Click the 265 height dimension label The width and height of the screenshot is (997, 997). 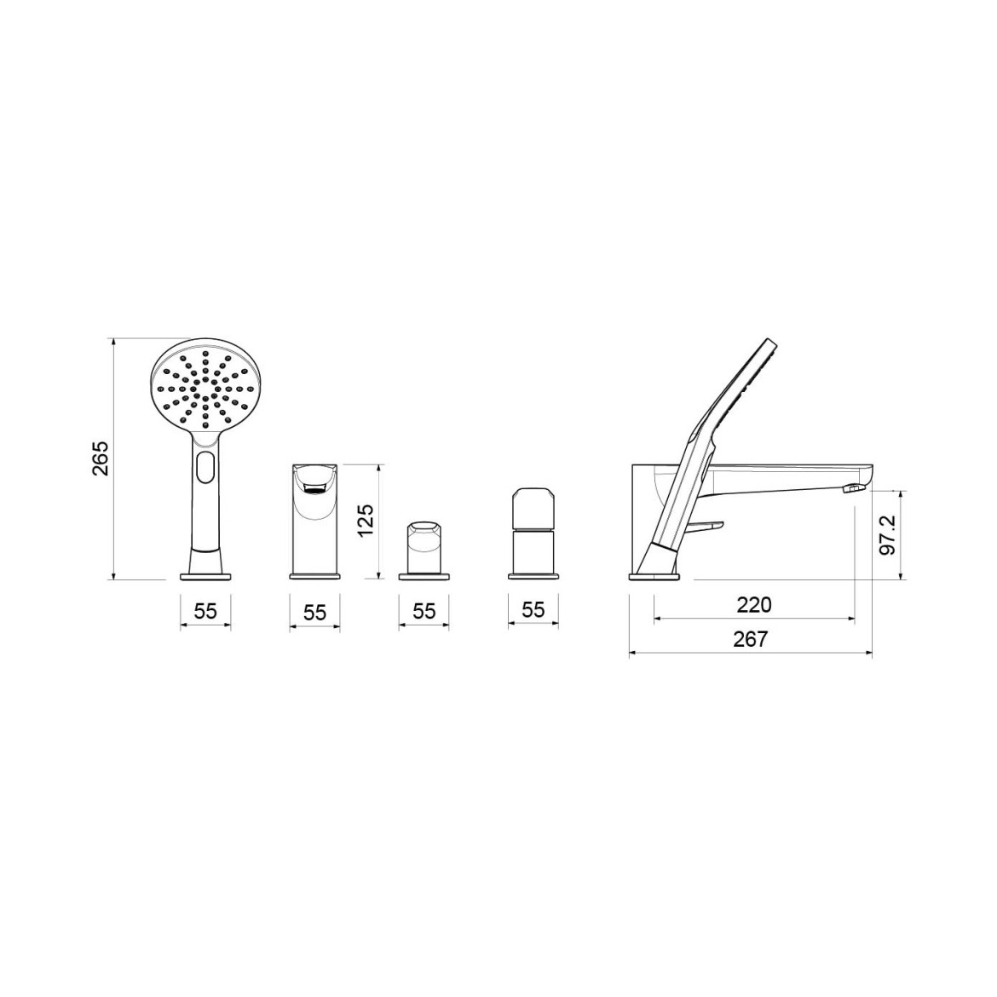(101, 458)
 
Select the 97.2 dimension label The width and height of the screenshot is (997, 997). (888, 534)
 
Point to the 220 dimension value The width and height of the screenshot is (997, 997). (754, 604)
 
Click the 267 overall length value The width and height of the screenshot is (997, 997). (751, 639)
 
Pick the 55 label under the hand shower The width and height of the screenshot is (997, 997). (205, 611)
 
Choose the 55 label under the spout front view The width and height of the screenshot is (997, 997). (314, 613)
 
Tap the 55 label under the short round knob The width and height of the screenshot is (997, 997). (424, 611)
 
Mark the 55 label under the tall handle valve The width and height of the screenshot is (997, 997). (533, 610)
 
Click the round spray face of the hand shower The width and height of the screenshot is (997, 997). (205, 389)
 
